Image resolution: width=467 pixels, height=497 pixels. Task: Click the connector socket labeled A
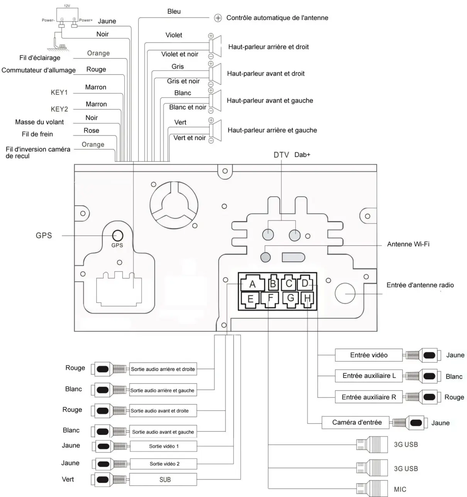(252, 283)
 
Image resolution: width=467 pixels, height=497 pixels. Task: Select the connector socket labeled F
(270, 299)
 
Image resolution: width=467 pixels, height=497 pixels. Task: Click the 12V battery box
(67, 15)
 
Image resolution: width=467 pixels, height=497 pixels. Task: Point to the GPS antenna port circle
(117, 236)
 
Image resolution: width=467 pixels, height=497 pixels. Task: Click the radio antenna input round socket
(345, 293)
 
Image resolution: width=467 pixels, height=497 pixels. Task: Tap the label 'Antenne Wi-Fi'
(408, 244)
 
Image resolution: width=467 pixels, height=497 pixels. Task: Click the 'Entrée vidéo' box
(369, 355)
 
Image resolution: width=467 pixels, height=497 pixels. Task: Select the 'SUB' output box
(163, 479)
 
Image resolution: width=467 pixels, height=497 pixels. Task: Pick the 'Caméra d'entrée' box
(355, 423)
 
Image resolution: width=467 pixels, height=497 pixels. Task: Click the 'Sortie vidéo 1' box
(164, 446)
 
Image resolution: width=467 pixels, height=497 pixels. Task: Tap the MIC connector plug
(372, 489)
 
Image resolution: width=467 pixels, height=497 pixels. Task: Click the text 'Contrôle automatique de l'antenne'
(277, 18)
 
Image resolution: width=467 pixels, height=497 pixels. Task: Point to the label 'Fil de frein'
(37, 134)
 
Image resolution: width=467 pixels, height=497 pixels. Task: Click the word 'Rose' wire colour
(91, 130)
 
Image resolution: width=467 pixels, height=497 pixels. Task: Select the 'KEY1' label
(59, 92)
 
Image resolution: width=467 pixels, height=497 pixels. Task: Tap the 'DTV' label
(281, 155)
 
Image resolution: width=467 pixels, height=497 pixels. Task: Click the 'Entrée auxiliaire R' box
(369, 397)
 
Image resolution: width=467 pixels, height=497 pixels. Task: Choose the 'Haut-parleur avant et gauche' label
(270, 100)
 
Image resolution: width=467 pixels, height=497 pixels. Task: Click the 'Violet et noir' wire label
(179, 54)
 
